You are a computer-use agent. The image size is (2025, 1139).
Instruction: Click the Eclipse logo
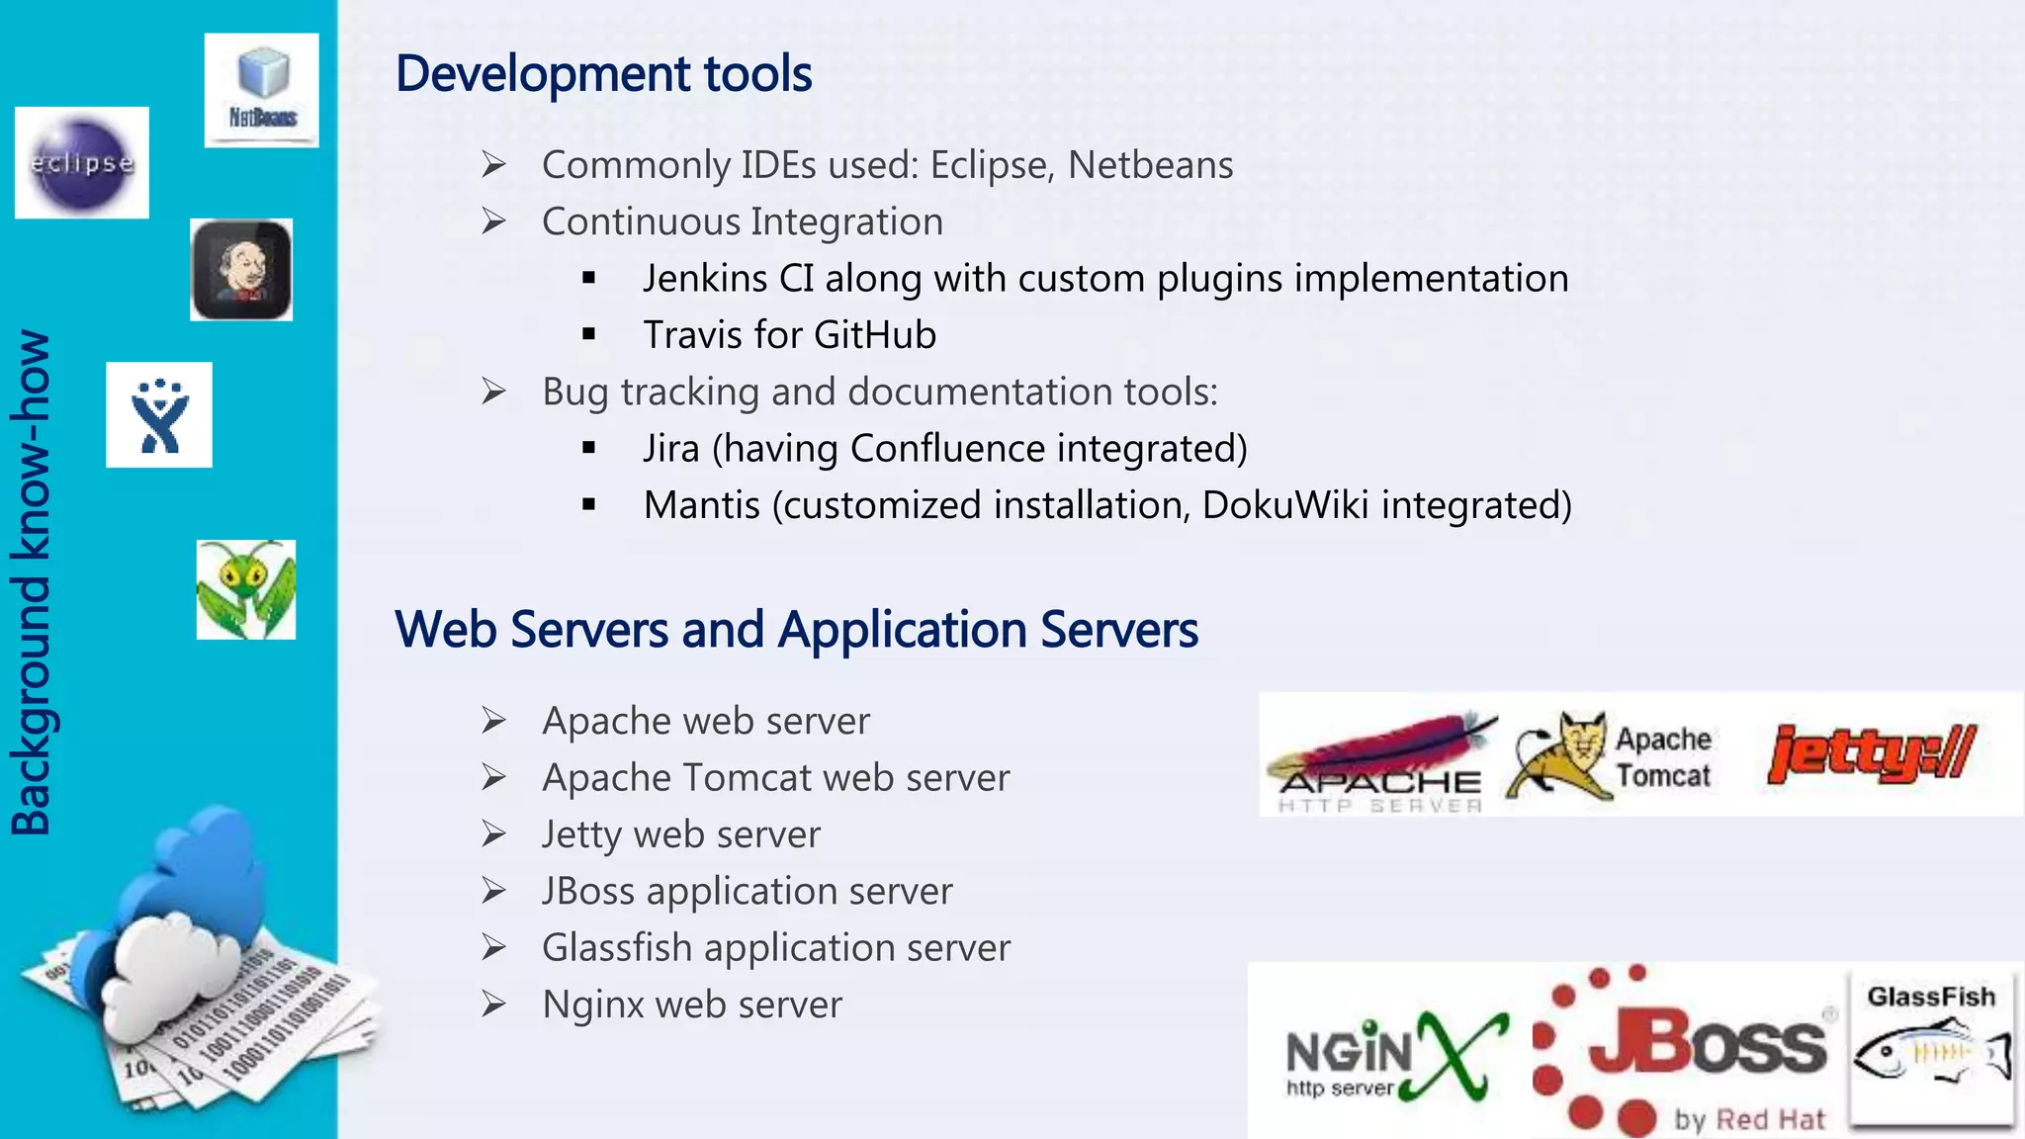click(82, 163)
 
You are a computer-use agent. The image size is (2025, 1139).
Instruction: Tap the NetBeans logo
click(262, 90)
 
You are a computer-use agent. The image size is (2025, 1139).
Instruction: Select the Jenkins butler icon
click(241, 270)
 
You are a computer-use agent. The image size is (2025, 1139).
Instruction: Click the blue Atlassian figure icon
click(159, 415)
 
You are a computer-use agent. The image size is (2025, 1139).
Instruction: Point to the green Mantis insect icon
click(246, 589)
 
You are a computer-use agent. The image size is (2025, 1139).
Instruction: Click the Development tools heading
click(603, 74)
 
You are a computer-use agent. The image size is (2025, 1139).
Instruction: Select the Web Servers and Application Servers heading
click(796, 630)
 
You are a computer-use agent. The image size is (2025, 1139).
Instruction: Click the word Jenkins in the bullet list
click(705, 279)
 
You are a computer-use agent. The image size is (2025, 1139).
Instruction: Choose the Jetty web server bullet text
click(681, 834)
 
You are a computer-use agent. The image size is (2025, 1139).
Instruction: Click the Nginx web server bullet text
click(692, 1005)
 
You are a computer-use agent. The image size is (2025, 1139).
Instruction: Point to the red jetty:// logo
click(1872, 753)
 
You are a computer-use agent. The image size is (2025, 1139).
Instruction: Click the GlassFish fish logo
click(1931, 1052)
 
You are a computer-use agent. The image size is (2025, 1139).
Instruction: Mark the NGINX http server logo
click(1394, 1056)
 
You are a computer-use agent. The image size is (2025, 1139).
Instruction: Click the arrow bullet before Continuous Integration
click(493, 221)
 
